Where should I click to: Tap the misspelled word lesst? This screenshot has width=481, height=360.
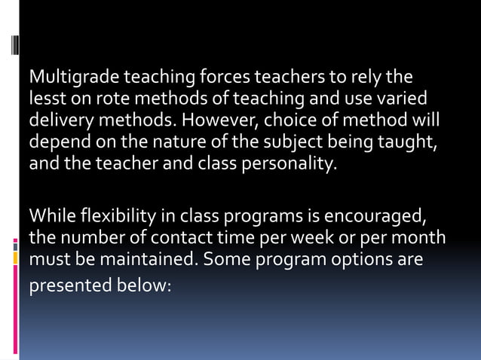pyautogui.click(x=44, y=99)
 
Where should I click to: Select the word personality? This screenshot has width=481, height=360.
pyautogui.click(x=286, y=164)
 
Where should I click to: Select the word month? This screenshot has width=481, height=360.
pyautogui.click(x=421, y=239)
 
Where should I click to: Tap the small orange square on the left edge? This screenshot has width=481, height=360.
pyautogui.click(x=15, y=258)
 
